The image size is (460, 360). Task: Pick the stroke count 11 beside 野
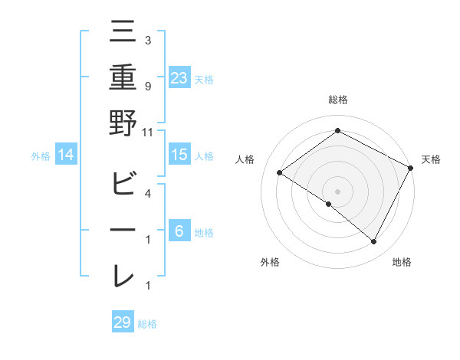[x=148, y=132]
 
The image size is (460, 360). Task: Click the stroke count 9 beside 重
[x=148, y=87]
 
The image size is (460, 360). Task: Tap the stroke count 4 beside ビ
[x=148, y=194]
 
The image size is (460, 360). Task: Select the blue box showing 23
[x=179, y=77]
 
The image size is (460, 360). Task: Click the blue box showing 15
[x=179, y=155]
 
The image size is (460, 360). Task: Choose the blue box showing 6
[x=179, y=231]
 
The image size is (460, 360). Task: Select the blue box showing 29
[x=122, y=322]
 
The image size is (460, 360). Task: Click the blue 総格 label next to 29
[x=147, y=324]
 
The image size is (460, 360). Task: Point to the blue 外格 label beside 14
[x=41, y=156]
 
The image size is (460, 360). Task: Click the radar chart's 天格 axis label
[x=431, y=159]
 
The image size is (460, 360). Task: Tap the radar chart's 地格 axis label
[x=402, y=262]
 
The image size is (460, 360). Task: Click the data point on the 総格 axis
[x=337, y=131]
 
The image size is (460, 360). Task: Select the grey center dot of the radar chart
[x=337, y=190]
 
